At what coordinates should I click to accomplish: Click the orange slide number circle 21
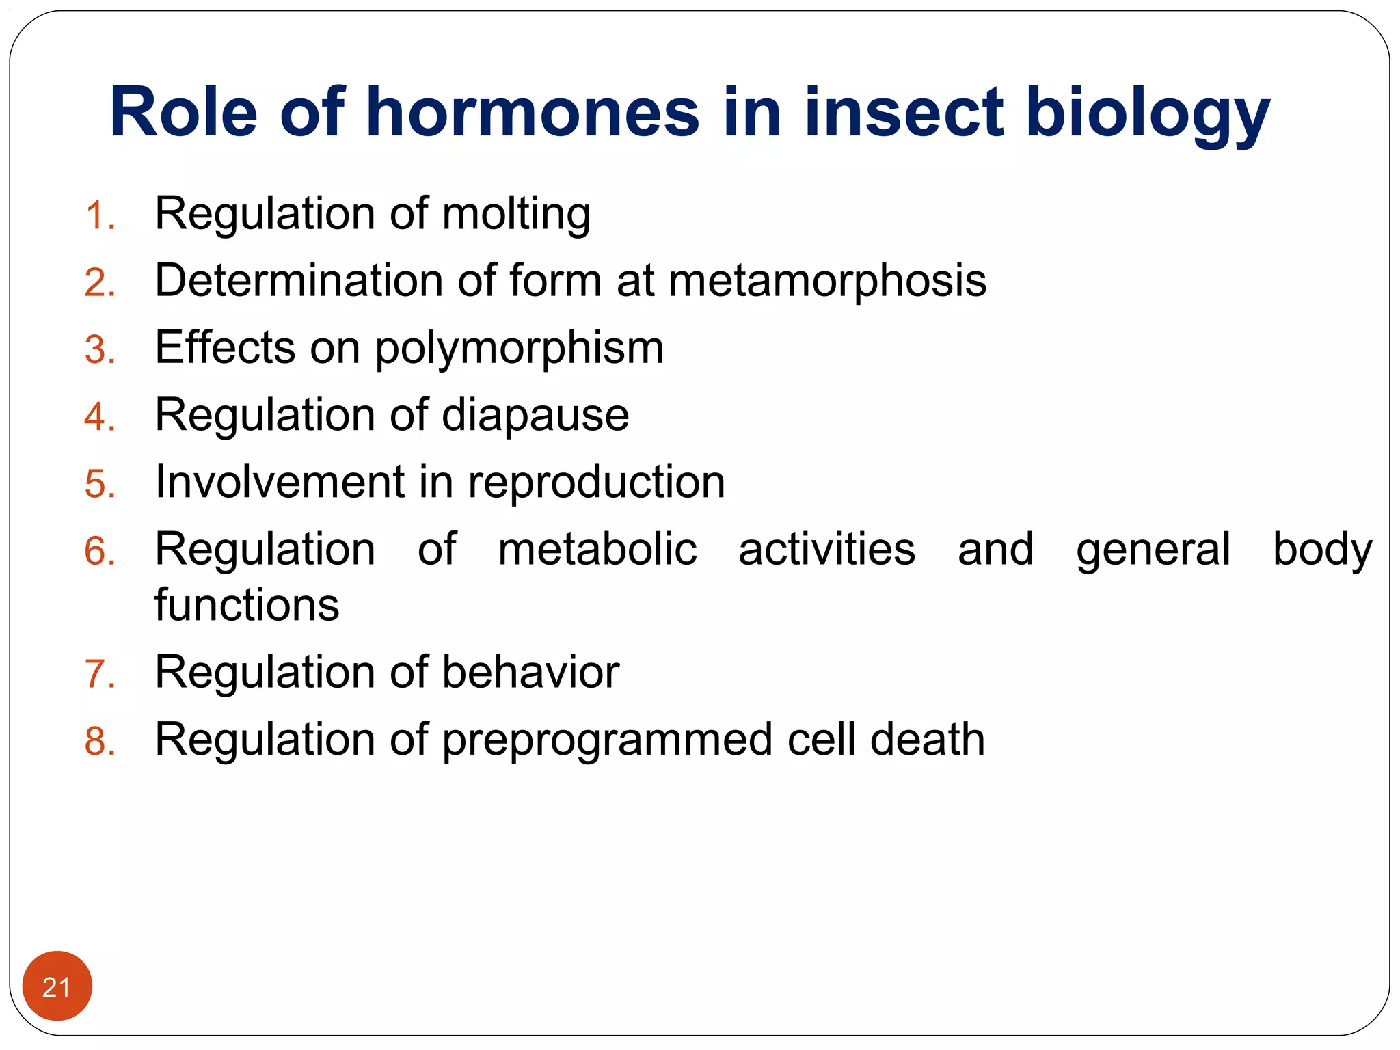[57, 986]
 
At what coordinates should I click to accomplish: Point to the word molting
[516, 215]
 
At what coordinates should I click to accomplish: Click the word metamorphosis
[827, 281]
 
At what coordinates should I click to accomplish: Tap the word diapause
[535, 416]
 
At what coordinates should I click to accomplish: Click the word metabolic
[597, 549]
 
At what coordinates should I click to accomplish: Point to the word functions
[247, 605]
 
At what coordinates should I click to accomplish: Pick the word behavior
[530, 672]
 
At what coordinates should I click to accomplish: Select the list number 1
[100, 216]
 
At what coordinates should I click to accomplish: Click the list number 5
[100, 485]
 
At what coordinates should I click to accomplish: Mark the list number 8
[100, 742]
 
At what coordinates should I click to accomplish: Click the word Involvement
[280, 482]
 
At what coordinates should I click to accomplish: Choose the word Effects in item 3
[225, 347]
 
